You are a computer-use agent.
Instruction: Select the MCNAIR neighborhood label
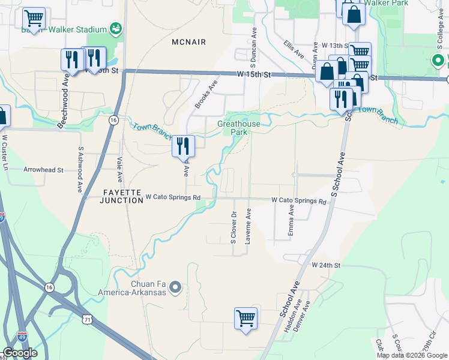pyautogui.click(x=188, y=43)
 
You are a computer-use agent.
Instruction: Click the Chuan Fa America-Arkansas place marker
pyautogui.click(x=175, y=288)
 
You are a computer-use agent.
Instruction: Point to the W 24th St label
pyautogui.click(x=325, y=265)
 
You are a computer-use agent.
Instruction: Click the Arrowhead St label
pyautogui.click(x=43, y=170)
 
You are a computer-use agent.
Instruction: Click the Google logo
pyautogui.click(x=20, y=352)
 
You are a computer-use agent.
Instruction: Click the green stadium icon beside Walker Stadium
pyautogui.click(x=115, y=29)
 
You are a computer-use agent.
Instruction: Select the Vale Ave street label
pyautogui.click(x=119, y=170)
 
